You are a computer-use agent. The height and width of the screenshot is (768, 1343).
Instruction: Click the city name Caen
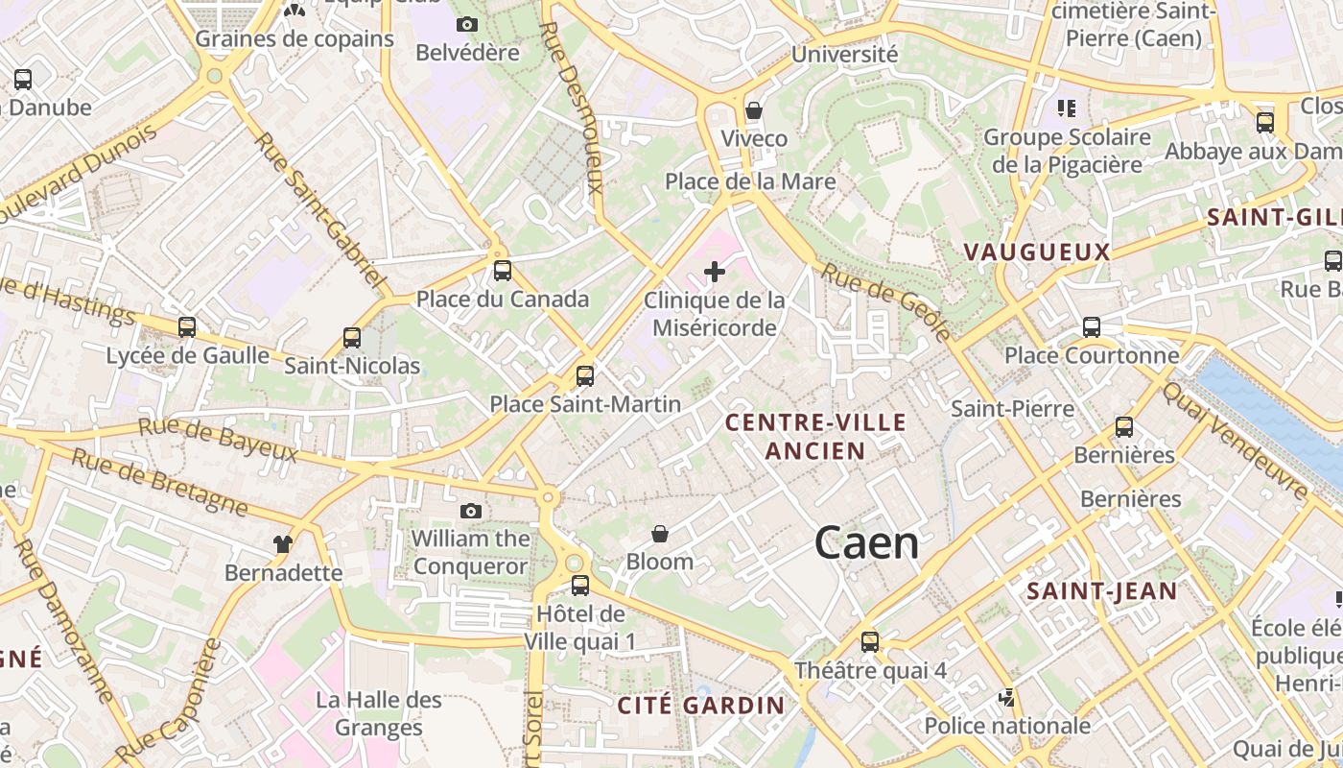coord(866,543)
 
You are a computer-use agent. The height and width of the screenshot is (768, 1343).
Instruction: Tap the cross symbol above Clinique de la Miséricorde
coord(715,272)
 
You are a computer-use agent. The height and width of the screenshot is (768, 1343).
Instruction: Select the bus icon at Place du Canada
coord(503,271)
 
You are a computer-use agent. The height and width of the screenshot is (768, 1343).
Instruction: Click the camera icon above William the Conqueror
coord(470,511)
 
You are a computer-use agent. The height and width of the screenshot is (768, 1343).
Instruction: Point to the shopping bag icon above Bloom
coord(660,533)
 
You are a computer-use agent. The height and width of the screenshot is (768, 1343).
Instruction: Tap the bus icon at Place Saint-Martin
coord(585,376)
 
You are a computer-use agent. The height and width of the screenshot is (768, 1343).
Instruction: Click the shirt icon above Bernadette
coord(282,544)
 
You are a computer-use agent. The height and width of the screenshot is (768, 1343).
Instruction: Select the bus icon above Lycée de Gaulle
coord(187,327)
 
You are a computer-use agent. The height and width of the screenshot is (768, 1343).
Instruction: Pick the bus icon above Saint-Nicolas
coord(352,338)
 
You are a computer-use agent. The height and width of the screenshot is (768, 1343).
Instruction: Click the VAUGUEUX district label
coord(1036,252)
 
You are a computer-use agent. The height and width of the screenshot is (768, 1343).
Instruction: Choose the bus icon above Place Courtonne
coord(1092,327)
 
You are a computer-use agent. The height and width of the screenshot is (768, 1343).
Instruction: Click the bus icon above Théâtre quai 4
coord(870,641)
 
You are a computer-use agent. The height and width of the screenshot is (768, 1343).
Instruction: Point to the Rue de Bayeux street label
coord(218,439)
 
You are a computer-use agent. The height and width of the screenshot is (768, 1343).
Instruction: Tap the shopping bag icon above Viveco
coord(754,110)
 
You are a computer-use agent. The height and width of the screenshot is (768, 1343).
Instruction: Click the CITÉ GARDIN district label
coord(701,706)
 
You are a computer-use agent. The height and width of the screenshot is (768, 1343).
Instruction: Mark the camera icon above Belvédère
coord(467,24)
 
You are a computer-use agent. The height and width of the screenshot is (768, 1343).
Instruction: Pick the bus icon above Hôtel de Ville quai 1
coord(580,585)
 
